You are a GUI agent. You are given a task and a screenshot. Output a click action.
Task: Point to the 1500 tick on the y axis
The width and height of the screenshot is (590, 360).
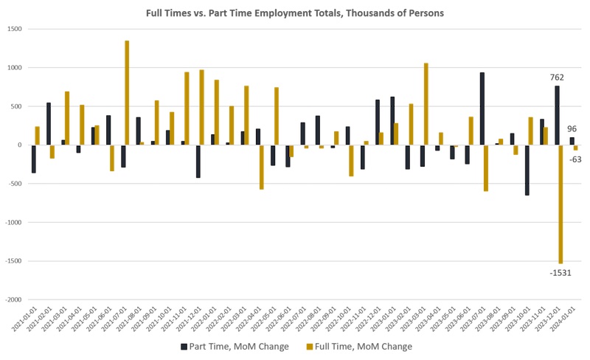coord(15,29)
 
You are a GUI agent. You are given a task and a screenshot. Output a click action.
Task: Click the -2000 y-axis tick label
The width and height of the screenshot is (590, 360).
coord(13,300)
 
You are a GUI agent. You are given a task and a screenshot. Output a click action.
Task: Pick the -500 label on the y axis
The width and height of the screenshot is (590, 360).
coord(15,184)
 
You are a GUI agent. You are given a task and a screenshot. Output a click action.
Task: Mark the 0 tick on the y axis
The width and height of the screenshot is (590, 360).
coord(21,145)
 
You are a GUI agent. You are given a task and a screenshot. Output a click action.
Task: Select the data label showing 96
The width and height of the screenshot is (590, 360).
coord(572,129)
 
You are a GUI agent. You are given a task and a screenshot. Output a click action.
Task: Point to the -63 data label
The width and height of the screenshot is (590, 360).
coord(576,159)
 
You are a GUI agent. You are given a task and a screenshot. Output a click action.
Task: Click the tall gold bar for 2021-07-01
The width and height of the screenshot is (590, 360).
coord(127,92)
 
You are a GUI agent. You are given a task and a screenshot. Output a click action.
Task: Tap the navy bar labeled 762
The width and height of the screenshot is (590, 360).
coord(557,115)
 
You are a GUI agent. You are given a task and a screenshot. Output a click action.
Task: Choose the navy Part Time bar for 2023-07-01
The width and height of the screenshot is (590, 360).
coord(482,108)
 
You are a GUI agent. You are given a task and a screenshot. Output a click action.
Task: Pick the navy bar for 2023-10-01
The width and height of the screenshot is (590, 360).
coord(527,170)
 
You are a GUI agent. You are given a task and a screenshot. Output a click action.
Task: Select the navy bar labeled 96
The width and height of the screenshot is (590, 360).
coord(572,141)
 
